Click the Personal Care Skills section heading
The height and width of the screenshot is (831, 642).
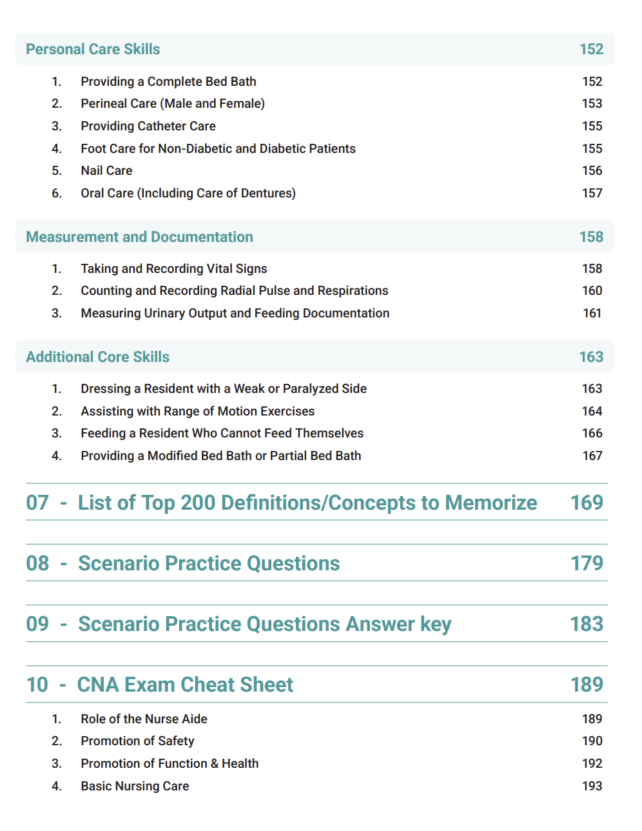93,49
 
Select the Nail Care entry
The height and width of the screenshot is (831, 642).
106,170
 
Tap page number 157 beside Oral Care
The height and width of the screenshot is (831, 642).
592,193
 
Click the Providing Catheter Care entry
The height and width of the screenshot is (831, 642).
148,126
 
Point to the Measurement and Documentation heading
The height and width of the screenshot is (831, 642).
139,237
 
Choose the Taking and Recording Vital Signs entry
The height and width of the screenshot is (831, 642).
173,268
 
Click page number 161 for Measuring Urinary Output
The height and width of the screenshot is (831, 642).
592,313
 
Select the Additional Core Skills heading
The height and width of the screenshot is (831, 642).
97,357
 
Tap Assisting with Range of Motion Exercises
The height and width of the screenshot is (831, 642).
197,411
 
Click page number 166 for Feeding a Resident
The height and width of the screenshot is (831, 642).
592,433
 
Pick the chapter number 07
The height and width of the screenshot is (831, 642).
37,503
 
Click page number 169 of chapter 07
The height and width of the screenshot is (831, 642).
587,503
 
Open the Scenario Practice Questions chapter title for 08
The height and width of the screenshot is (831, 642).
209,563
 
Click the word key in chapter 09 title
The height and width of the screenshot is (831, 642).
436,625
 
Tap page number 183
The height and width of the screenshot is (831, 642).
587,624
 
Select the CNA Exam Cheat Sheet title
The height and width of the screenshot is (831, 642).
185,685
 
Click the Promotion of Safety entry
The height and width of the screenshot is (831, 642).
137,741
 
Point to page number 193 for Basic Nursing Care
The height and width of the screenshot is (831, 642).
592,786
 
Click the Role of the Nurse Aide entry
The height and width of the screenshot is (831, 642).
144,719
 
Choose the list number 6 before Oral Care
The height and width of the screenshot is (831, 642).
57,193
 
